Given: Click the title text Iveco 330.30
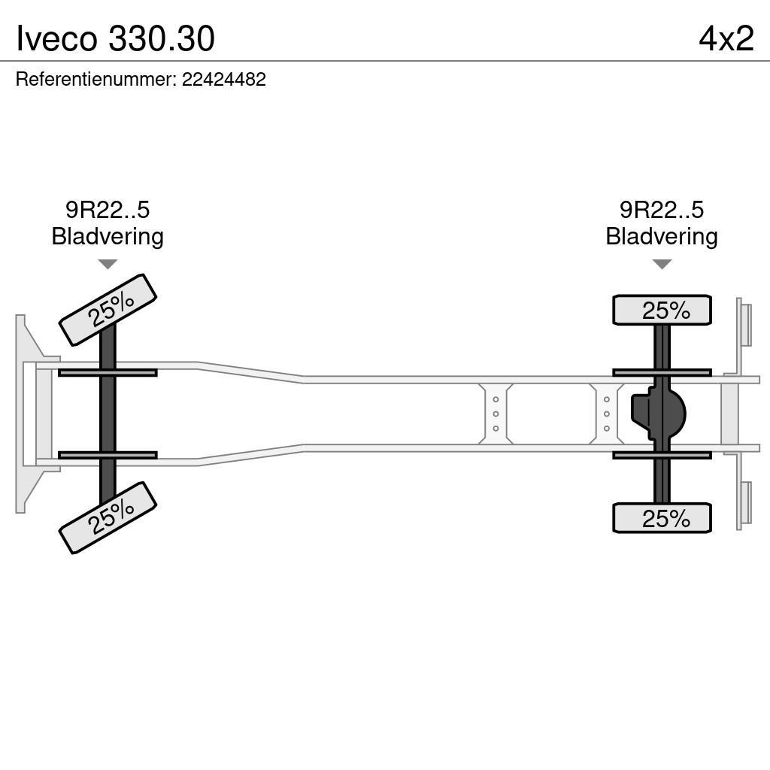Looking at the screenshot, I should pos(116,38).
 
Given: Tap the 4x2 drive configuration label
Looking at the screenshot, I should pos(726,38).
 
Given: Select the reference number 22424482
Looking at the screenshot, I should pos(224,80).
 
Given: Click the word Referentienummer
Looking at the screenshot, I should pos(96,80).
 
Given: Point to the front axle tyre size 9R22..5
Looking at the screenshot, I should pos(108,210).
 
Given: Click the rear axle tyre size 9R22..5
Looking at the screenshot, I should pos(662,210).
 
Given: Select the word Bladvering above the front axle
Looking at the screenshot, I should pos(108,237).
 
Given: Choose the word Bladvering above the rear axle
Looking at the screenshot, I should pos(662,237).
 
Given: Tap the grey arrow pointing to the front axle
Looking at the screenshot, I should pos(108,264).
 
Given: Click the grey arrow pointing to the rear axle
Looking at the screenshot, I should pos(662,264).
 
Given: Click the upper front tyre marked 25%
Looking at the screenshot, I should pos(108,310).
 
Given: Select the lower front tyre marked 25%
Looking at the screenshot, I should pos(108,517).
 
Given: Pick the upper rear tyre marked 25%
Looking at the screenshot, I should pos(662,310).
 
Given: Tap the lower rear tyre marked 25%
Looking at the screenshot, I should pos(662,518).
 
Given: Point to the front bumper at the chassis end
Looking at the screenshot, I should pos(26,414).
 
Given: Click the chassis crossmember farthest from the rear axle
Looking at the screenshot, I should pos(496,414).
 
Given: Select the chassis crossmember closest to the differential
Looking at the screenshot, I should pos(606,414).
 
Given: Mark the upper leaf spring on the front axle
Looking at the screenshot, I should pos(108,372).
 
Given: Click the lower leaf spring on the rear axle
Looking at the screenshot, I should pos(662,455).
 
